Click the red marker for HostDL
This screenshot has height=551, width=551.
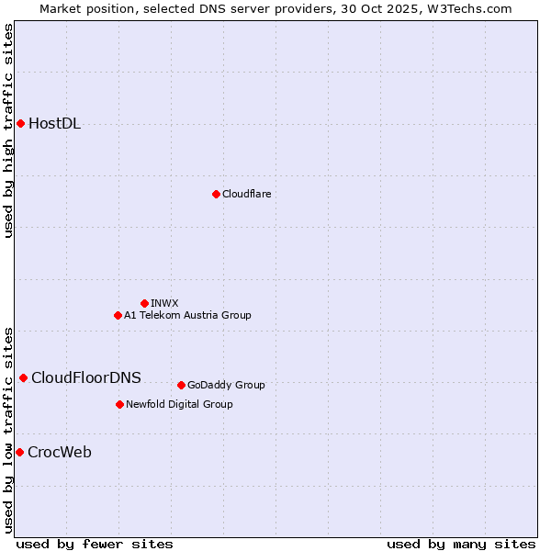(x=20, y=124)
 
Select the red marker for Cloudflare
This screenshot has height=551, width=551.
(x=216, y=194)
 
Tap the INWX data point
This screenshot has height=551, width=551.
(x=144, y=303)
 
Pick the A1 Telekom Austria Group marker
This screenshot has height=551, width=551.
(x=118, y=315)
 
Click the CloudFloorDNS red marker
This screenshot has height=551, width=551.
(x=23, y=377)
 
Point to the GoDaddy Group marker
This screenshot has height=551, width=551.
(x=181, y=385)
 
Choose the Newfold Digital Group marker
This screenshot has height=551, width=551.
(x=119, y=404)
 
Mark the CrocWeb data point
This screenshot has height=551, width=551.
(x=19, y=452)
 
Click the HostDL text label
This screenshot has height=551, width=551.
(x=55, y=124)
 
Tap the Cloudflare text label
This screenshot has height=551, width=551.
(x=246, y=194)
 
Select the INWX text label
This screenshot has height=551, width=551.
(x=164, y=303)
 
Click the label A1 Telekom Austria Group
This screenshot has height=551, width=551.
(x=187, y=315)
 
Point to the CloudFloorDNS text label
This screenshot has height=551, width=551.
(x=86, y=377)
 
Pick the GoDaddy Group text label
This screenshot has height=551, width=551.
(x=226, y=385)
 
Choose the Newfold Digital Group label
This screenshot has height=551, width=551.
(x=179, y=404)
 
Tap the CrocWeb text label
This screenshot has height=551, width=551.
(x=60, y=452)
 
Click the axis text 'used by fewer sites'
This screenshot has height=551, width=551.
(x=95, y=544)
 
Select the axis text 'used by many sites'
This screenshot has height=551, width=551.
(x=461, y=544)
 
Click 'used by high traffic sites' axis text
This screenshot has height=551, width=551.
(x=9, y=130)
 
